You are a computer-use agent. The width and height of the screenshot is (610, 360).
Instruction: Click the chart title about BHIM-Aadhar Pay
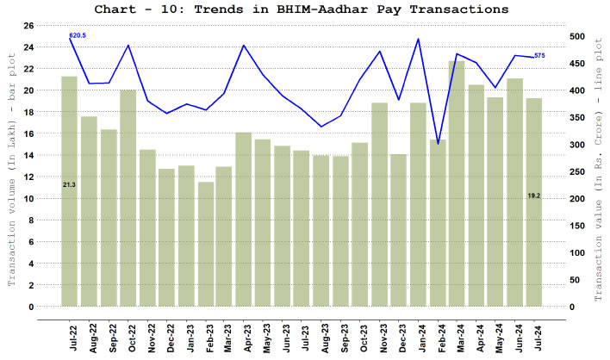[x=306, y=9]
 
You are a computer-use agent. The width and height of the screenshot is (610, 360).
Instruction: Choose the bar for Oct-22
[x=128, y=198]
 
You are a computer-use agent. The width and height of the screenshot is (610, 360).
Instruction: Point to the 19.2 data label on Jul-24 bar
[x=534, y=196]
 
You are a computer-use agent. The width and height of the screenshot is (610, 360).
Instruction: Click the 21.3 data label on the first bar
[x=70, y=185]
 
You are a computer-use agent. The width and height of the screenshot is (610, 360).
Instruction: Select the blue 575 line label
[x=539, y=55]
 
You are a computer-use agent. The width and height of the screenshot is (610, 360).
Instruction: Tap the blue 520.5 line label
[x=78, y=35]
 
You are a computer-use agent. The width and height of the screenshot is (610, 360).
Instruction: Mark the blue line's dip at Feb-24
[x=438, y=144]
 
